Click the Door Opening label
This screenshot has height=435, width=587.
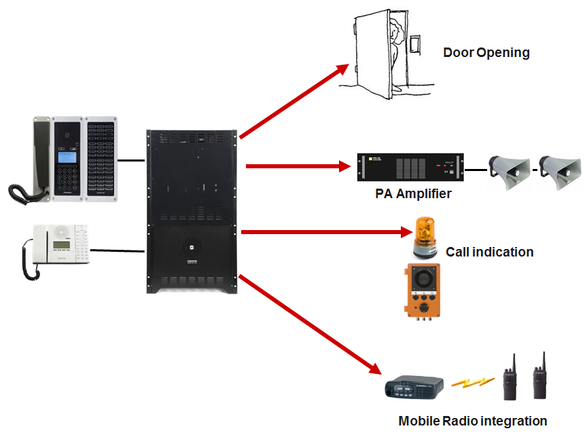(x=486, y=53)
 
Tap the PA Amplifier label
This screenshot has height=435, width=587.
(x=413, y=194)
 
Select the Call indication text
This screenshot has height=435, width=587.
(x=489, y=252)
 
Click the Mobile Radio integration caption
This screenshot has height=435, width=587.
(x=473, y=421)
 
